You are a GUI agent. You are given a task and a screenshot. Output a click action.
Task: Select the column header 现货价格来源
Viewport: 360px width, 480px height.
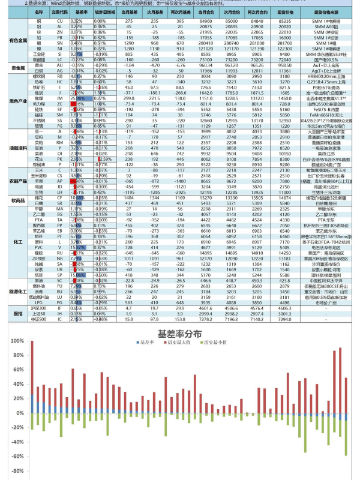click(x=326, y=11)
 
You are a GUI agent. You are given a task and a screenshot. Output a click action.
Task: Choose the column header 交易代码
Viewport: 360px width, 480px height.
click(x=59, y=11)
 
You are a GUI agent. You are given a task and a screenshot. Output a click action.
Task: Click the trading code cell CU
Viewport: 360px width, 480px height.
click(x=59, y=20)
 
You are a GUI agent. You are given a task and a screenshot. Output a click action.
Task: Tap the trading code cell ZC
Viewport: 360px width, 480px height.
click(x=59, y=103)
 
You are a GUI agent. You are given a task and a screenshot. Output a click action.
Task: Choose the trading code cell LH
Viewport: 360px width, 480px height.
click(x=59, y=191)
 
